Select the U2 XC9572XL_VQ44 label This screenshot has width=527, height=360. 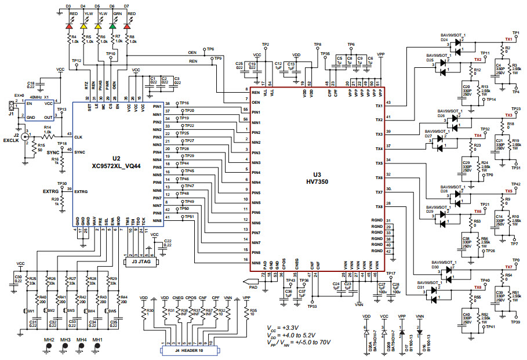[116, 162]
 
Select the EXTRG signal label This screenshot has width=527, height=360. [51, 191]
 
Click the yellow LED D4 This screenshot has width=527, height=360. [83, 26]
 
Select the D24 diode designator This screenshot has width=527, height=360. [445, 41]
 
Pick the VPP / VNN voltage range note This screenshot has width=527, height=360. [299, 343]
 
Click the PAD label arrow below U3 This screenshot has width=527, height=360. [253, 286]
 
